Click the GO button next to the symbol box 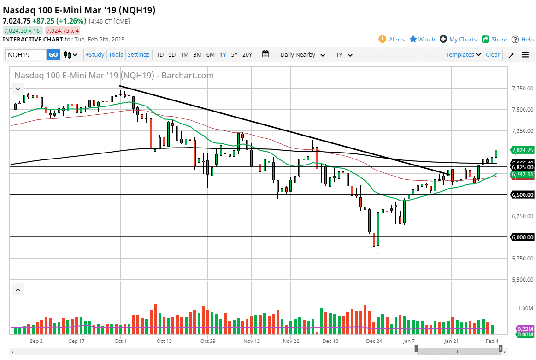pyautogui.click(x=53, y=55)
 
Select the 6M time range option pyautogui.click(x=210, y=55)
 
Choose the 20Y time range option pyautogui.click(x=247, y=55)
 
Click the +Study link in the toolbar pyautogui.click(x=95, y=55)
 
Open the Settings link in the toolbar pyautogui.click(x=138, y=55)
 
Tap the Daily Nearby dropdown pyautogui.click(x=302, y=55)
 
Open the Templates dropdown pyautogui.click(x=463, y=55)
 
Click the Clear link pyautogui.click(x=493, y=55)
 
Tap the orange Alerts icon pyautogui.click(x=382, y=39)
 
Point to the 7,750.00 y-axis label pyautogui.click(x=522, y=89)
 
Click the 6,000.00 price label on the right pyautogui.click(x=522, y=237)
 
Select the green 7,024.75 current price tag pyautogui.click(x=522, y=150)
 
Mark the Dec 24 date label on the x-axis pyautogui.click(x=374, y=341)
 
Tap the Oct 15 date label pyautogui.click(x=164, y=341)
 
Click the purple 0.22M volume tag pyautogui.click(x=525, y=329)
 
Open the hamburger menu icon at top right pyautogui.click(x=525, y=55)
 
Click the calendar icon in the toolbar pyautogui.click(x=265, y=54)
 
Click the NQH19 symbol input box pyautogui.click(x=26, y=55)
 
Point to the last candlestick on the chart pyautogui.click(x=496, y=153)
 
